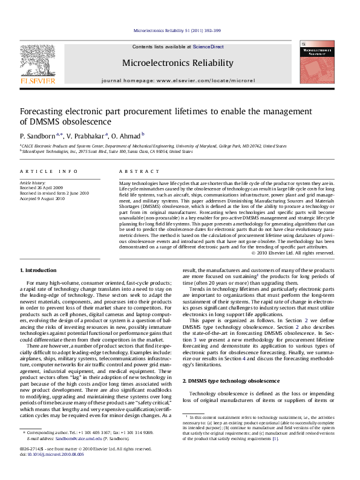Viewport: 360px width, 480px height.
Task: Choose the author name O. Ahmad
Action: pyautogui.click(x=129, y=135)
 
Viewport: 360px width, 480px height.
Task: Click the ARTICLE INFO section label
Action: pyautogui.click(x=44, y=172)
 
